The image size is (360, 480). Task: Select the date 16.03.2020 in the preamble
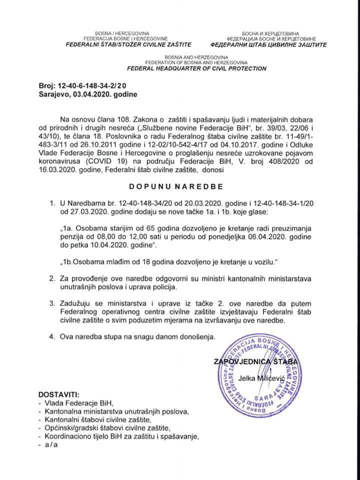pyautogui.click(x=56, y=170)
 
